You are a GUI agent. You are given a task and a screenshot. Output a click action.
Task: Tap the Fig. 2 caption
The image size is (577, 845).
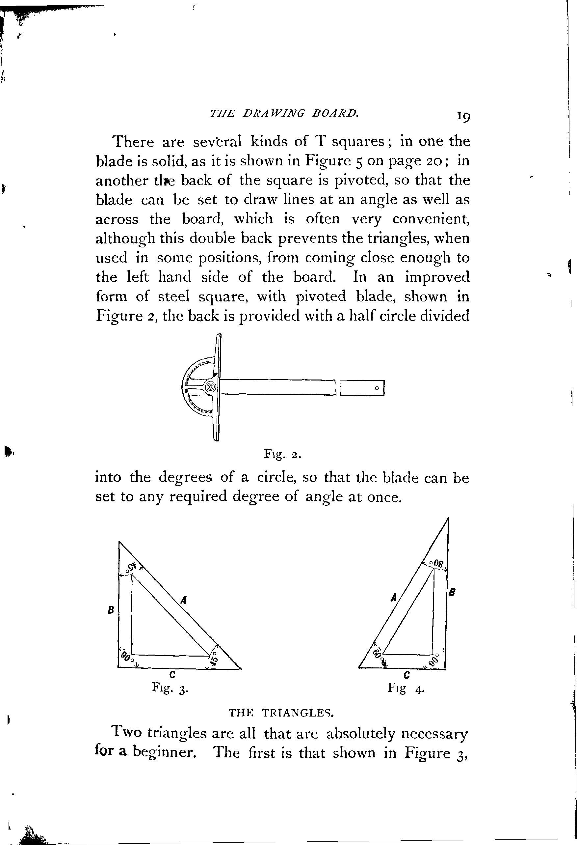coord(282,455)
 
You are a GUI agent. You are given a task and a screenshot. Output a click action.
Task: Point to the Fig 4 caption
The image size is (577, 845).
coord(406,688)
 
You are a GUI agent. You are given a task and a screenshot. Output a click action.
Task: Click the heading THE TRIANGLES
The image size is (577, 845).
coord(281,712)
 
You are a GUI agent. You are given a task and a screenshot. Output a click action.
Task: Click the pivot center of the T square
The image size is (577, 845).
coord(210,387)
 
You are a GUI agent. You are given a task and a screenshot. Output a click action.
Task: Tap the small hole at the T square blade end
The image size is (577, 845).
coord(377,388)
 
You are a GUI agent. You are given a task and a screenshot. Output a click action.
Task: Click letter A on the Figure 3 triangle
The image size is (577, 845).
coord(184,600)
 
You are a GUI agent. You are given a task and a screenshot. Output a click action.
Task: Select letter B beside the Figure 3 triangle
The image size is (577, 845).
coord(111,610)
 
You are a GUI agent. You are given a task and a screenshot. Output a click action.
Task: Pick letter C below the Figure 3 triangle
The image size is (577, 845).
coord(172,675)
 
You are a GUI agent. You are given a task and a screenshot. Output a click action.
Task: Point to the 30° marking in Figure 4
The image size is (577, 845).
coord(436,564)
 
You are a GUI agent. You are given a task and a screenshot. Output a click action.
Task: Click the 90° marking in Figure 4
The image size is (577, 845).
coord(434,660)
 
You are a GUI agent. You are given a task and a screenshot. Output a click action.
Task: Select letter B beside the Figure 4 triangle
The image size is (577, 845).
coord(452,592)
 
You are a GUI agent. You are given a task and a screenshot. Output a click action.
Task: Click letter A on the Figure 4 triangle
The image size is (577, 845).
coord(393,597)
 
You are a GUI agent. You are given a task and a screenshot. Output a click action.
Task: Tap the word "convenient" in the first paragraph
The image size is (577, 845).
coord(431,219)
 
